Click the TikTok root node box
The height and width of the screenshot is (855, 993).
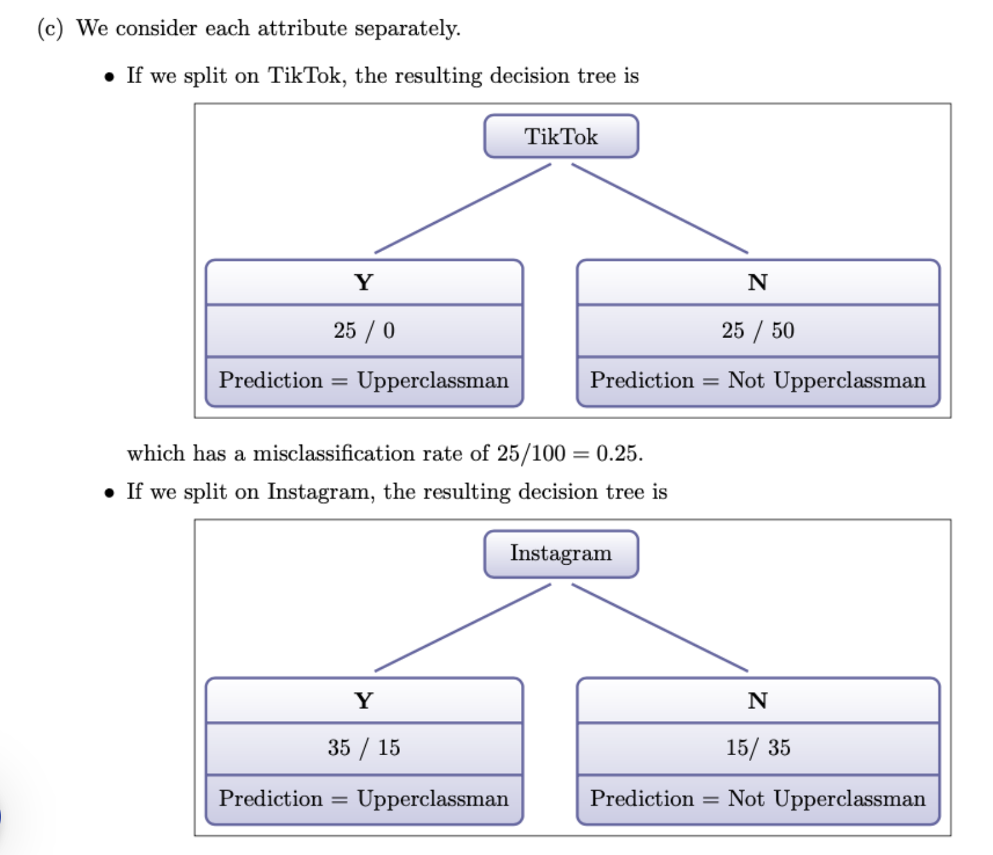click(561, 136)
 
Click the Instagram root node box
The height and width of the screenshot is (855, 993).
click(561, 554)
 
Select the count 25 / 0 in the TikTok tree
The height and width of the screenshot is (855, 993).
click(364, 330)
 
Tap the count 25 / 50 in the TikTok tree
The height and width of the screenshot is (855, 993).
click(758, 330)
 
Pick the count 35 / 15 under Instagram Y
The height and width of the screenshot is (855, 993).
click(364, 747)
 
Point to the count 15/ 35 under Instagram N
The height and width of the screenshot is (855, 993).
click(758, 747)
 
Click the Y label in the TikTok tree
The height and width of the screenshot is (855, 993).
click(364, 283)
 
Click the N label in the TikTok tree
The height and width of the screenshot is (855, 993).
click(757, 283)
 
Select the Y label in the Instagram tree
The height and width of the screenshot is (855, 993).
click(364, 700)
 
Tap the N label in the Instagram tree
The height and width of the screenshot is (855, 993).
click(757, 700)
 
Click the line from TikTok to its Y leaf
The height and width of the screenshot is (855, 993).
click(462, 209)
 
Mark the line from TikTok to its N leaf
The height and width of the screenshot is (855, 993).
click(659, 209)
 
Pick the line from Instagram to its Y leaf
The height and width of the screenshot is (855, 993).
click(462, 628)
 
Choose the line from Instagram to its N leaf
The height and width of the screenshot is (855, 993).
click(659, 628)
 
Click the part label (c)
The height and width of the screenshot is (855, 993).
click(50, 29)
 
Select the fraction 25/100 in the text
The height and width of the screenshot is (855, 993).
click(531, 453)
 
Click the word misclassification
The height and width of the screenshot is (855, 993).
click(334, 453)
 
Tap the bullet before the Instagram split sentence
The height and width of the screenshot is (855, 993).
click(109, 494)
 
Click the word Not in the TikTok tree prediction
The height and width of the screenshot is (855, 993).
click(746, 381)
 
